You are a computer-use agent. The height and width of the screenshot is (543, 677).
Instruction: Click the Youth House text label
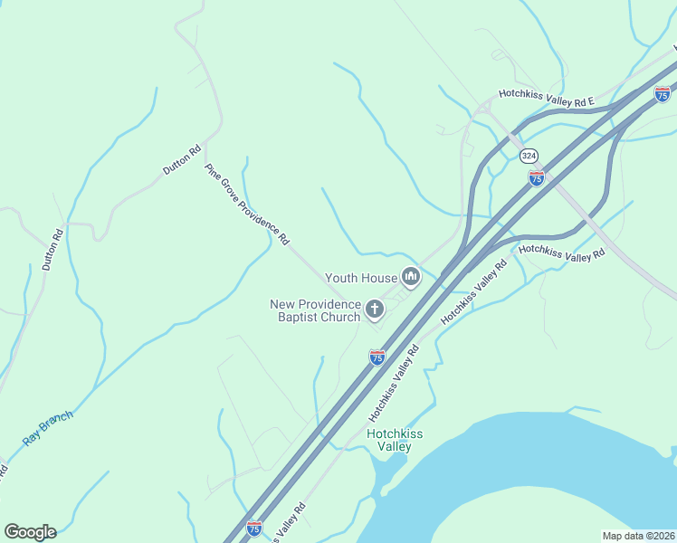[361, 279]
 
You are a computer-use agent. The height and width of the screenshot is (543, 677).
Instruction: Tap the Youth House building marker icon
[411, 277]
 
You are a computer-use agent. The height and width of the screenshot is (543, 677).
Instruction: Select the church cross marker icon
[374, 311]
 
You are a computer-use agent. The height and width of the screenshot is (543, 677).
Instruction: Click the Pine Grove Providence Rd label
[247, 205]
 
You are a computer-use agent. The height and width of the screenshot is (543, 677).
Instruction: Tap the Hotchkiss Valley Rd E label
[546, 97]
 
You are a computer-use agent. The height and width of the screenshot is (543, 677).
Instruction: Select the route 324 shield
[530, 156]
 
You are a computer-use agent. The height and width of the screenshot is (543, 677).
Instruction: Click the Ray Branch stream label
[47, 427]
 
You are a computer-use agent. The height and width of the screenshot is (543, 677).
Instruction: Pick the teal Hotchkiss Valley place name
[395, 440]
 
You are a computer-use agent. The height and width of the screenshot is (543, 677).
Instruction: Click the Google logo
[30, 532]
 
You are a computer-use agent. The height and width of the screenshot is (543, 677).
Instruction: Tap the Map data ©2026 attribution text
[638, 536]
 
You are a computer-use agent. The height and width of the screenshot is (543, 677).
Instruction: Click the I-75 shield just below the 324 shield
[537, 178]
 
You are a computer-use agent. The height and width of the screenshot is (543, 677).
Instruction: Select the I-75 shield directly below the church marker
[377, 357]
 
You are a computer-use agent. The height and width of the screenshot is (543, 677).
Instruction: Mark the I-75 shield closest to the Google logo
[254, 528]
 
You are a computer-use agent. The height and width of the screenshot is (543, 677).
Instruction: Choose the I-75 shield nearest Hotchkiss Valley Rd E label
[663, 93]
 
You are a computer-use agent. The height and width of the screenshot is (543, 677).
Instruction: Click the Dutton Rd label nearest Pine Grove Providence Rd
[182, 160]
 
